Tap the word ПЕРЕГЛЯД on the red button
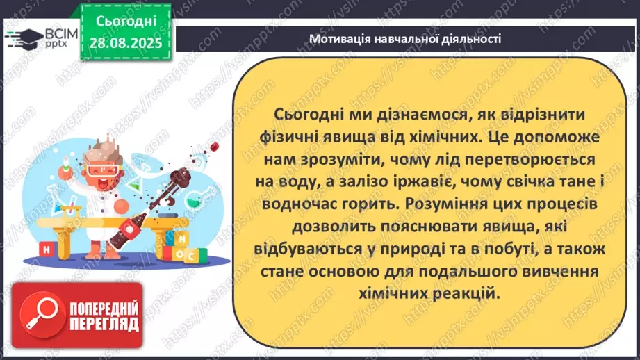coord(105,325)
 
